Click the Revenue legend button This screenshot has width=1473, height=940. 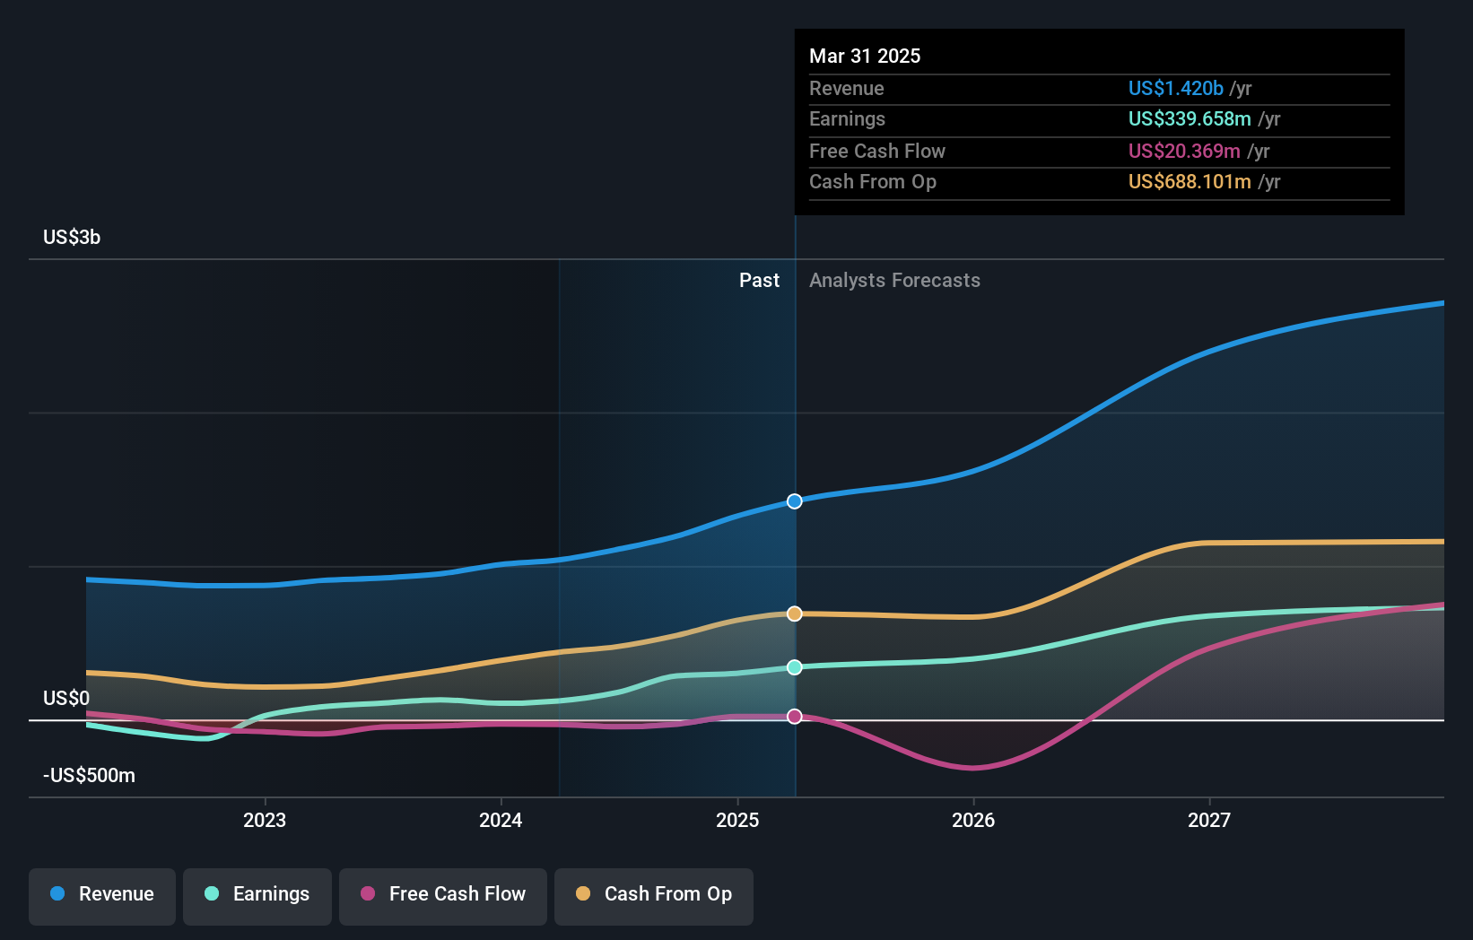click(x=102, y=894)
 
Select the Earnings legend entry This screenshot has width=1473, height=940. click(x=257, y=894)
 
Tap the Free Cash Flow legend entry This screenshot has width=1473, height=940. click(x=443, y=894)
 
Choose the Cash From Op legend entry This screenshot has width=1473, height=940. click(x=654, y=894)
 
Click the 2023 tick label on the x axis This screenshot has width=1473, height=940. click(x=265, y=820)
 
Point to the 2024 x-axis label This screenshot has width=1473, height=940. click(x=501, y=820)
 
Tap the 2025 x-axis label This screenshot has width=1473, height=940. click(x=737, y=820)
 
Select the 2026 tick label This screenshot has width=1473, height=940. click(x=973, y=820)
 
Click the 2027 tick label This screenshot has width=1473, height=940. click(x=1209, y=820)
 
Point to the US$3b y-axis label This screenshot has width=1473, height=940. click(x=72, y=237)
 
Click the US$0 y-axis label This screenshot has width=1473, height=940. click(x=66, y=698)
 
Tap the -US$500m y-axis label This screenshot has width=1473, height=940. click(x=89, y=775)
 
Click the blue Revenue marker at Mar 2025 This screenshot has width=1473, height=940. click(x=795, y=501)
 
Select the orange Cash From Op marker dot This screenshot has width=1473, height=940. click(x=795, y=614)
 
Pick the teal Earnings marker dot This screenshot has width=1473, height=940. click(x=795, y=667)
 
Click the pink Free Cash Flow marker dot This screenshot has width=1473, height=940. click(x=795, y=717)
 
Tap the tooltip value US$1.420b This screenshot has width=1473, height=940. click(x=1175, y=88)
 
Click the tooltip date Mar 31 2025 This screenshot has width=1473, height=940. click(x=865, y=56)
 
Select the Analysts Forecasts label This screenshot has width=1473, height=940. click(x=894, y=280)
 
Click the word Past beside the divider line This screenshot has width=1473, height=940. click(x=759, y=280)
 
